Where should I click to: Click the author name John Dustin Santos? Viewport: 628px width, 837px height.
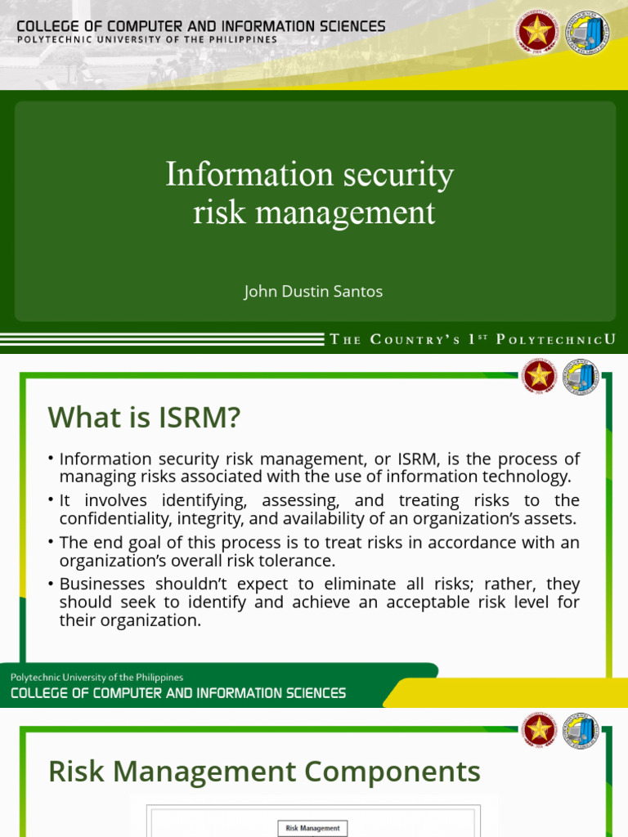[313, 291]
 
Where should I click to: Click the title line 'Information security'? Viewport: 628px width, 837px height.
[309, 174]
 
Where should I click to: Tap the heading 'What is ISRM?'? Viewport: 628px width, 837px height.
[144, 418]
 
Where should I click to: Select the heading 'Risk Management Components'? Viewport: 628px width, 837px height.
[264, 771]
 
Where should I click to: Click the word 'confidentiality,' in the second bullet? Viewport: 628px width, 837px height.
[114, 518]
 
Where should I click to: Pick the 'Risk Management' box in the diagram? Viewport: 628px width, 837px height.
[312, 828]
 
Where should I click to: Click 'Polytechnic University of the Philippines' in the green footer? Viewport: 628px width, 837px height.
[96, 677]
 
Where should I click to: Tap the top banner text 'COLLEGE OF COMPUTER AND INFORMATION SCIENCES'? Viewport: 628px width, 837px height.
[201, 26]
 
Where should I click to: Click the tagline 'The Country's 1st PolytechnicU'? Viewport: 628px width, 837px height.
[473, 339]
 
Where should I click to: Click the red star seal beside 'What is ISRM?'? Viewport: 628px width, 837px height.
[540, 376]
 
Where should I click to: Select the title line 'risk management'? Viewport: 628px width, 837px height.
[314, 213]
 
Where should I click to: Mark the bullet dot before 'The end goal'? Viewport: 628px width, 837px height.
[51, 542]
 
